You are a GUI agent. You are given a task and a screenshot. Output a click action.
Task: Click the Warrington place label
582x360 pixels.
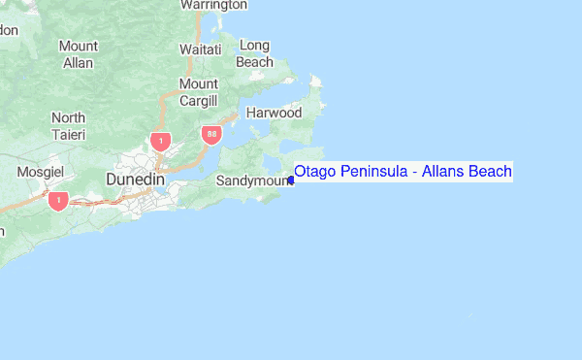pyautogui.click(x=213, y=5)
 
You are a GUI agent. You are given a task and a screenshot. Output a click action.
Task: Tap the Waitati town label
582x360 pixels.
pyautogui.click(x=200, y=49)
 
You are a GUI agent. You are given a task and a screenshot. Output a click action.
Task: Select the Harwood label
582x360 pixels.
pyautogui.click(x=274, y=113)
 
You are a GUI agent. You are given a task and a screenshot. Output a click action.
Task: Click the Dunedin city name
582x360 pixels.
pyautogui.click(x=134, y=180)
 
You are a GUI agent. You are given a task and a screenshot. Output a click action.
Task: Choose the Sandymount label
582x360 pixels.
pyautogui.click(x=248, y=180)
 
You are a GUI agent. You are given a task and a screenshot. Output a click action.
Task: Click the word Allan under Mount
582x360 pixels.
pyautogui.click(x=78, y=63)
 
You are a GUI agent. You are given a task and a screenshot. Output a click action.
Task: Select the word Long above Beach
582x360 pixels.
pyautogui.click(x=254, y=46)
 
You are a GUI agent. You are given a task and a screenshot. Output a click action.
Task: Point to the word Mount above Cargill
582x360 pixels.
pyautogui.click(x=198, y=83)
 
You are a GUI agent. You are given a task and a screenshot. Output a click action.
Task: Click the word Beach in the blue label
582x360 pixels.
pyautogui.click(x=490, y=172)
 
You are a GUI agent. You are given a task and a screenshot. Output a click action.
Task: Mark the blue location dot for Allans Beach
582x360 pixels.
pyautogui.click(x=291, y=180)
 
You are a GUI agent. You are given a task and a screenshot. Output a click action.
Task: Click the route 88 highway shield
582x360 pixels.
pyautogui.click(x=210, y=132)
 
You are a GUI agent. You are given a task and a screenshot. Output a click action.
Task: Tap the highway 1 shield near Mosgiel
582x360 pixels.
pyautogui.click(x=57, y=200)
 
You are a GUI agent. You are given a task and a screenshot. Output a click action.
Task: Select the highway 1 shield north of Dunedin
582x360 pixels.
pyautogui.click(x=160, y=141)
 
